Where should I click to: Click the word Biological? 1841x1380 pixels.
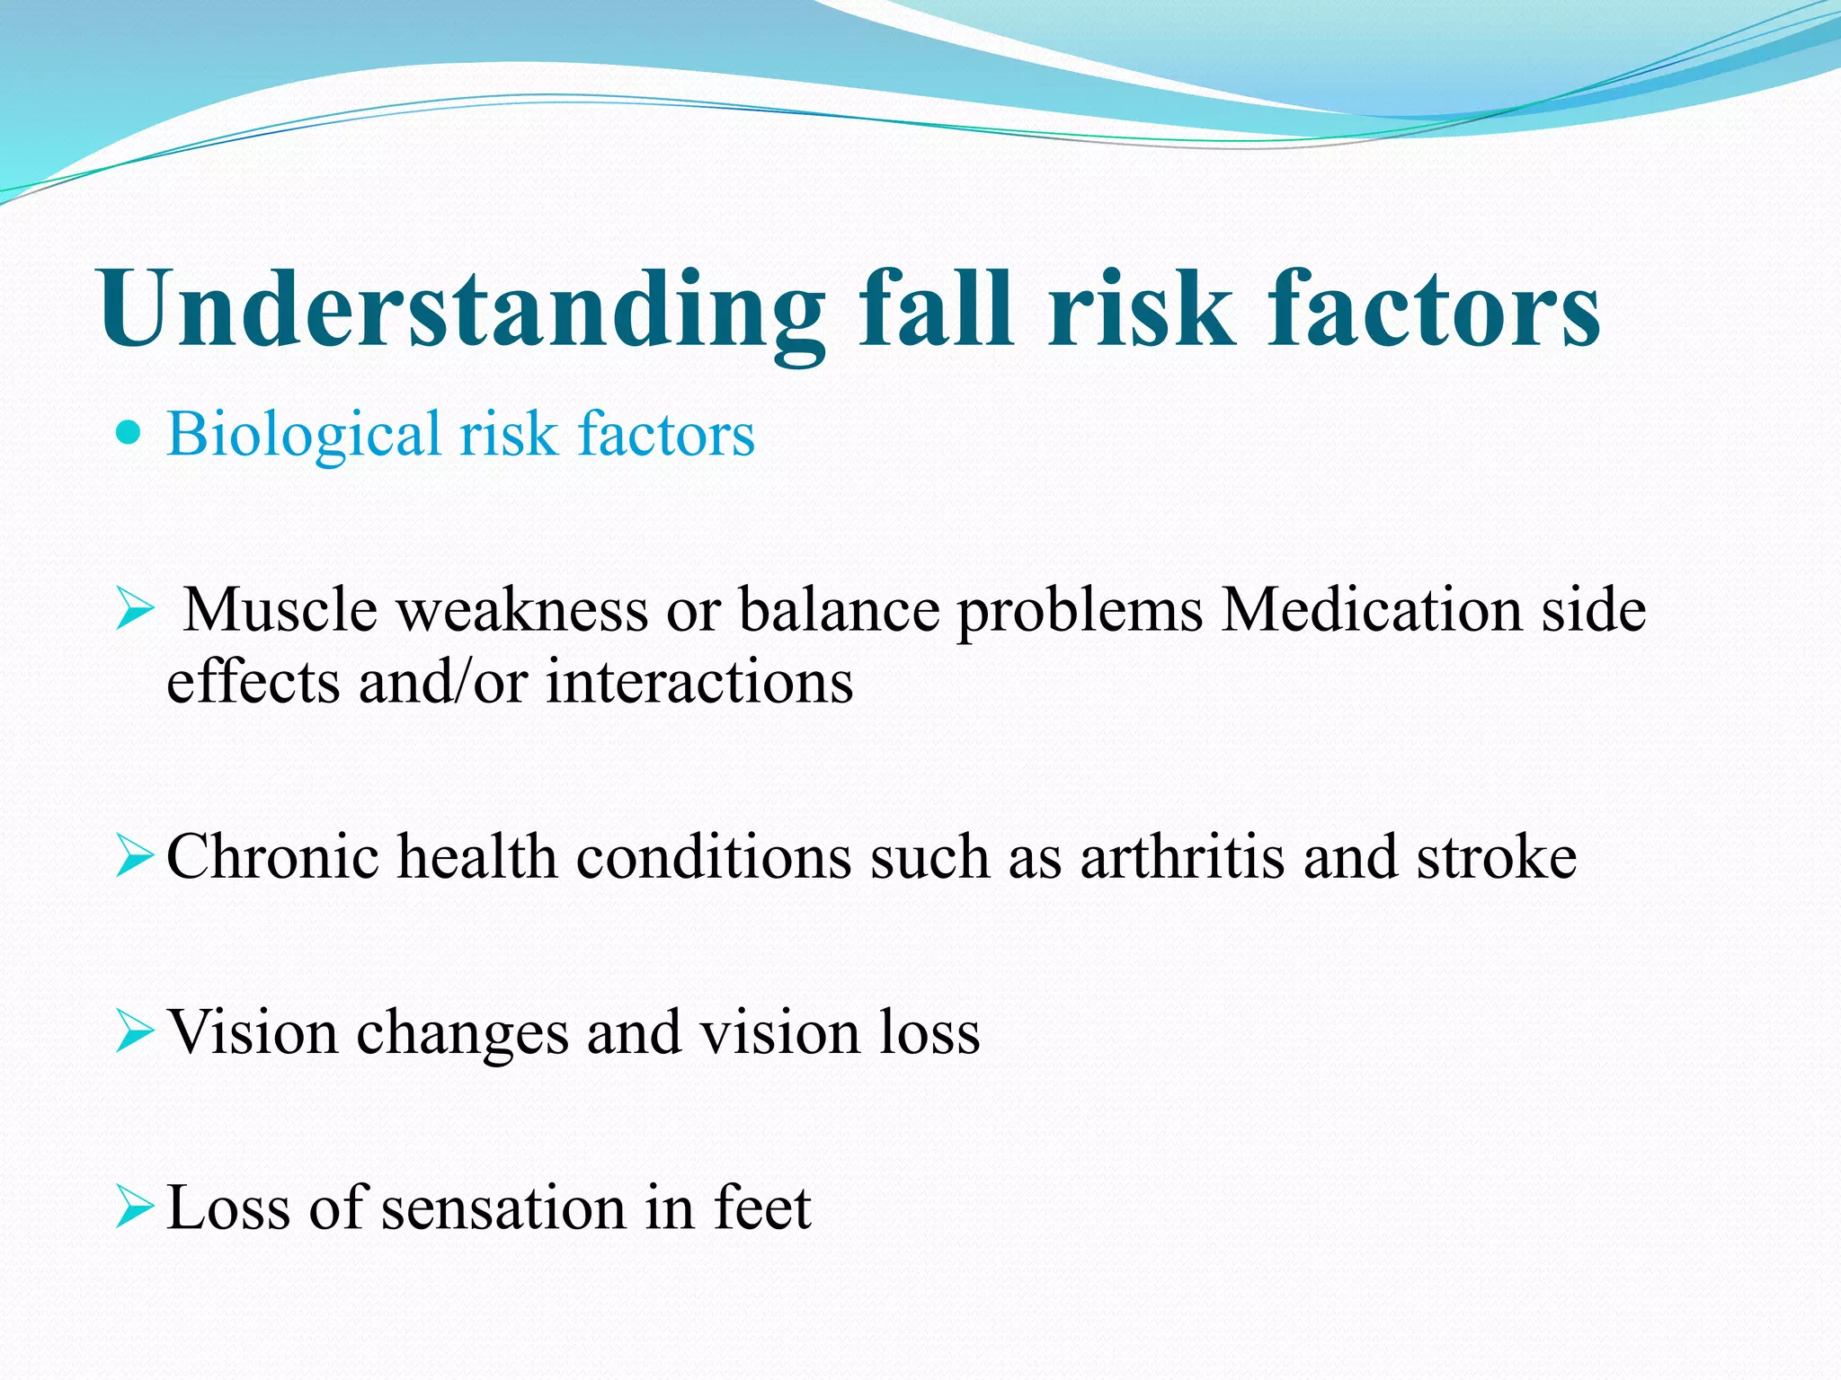pyautogui.click(x=303, y=435)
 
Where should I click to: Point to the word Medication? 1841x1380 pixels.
pyautogui.click(x=1372, y=611)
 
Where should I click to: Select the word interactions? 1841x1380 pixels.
pyautogui.click(x=699, y=682)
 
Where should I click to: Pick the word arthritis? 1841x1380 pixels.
pyautogui.click(x=1182, y=856)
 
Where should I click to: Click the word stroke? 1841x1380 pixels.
pyautogui.click(x=1497, y=856)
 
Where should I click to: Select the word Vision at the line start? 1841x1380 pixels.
pyautogui.click(x=253, y=1032)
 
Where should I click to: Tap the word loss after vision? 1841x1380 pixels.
pyautogui.click(x=929, y=1032)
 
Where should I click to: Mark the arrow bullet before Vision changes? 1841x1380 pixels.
pyautogui.click(x=135, y=1033)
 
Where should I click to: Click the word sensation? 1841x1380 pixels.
pyautogui.click(x=503, y=1207)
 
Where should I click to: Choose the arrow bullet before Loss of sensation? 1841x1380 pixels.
pyautogui.click(x=135, y=1208)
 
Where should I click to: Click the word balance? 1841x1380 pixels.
pyautogui.click(x=838, y=611)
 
